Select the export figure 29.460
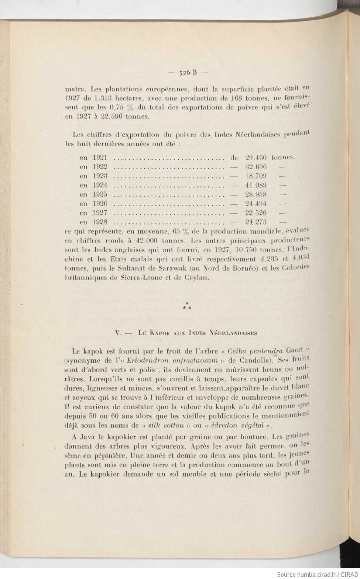click(256, 157)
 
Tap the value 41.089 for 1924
click(256, 185)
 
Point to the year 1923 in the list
click(100, 176)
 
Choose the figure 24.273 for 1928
click(256, 222)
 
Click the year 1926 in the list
click(100, 204)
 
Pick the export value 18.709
click(256, 176)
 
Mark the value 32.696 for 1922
click(256, 167)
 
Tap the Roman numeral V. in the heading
click(118, 332)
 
